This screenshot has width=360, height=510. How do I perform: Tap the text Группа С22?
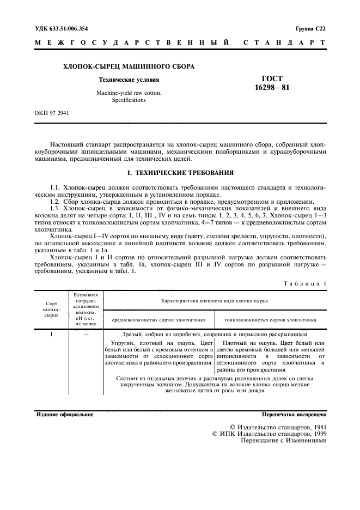tap(310, 27)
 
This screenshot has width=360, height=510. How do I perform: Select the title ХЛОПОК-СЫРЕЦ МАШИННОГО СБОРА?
tap(130, 67)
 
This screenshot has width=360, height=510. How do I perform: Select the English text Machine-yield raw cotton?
tap(129, 93)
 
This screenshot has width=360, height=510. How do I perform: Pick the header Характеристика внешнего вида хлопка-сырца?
tap(214, 300)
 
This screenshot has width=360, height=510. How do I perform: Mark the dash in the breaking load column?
tap(86, 333)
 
